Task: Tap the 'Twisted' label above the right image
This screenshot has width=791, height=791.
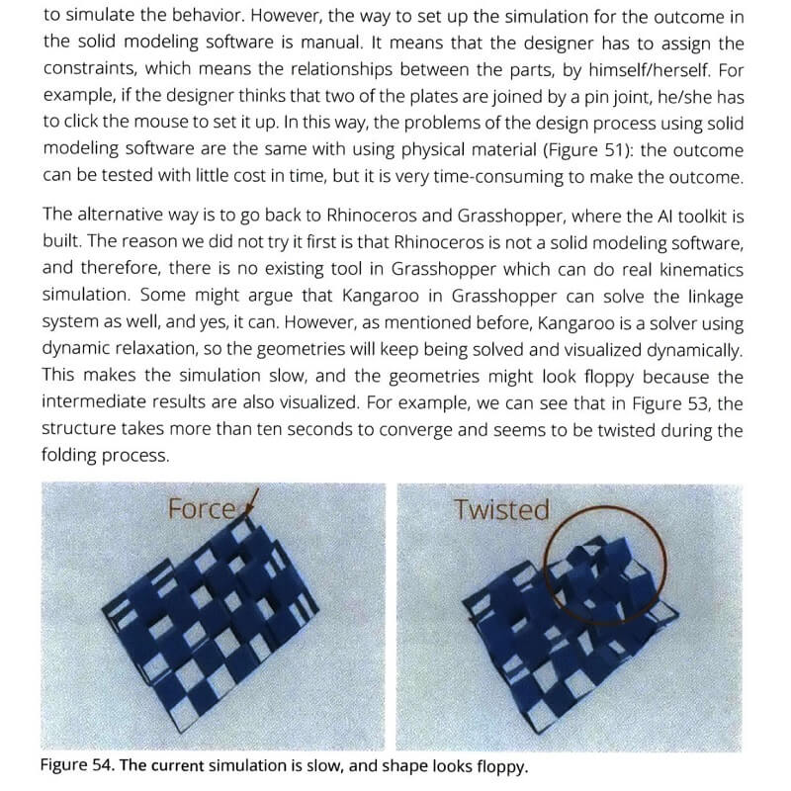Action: pos(500,509)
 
